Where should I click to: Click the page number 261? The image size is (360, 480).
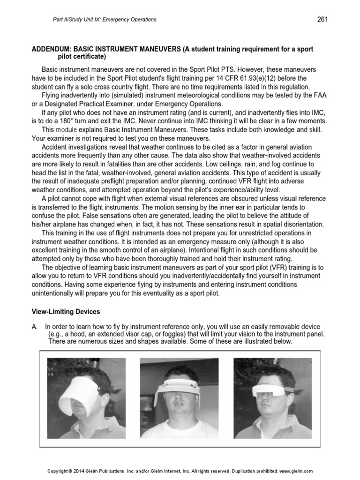(x=322, y=19)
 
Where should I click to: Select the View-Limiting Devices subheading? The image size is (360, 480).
(x=65, y=311)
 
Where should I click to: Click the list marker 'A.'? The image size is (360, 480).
(x=35, y=326)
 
